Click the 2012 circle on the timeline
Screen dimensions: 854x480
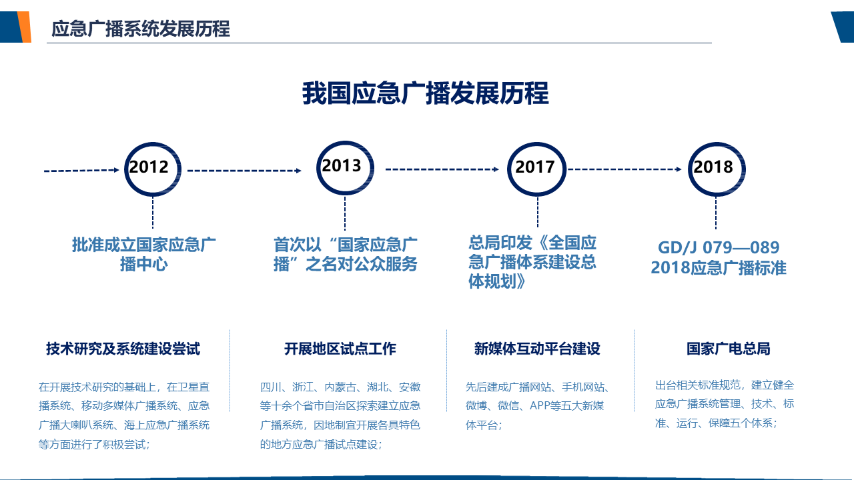pos(153,143)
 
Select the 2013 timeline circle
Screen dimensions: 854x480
pos(345,141)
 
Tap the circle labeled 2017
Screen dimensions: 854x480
pos(537,143)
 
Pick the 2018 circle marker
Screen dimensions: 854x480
pos(717,143)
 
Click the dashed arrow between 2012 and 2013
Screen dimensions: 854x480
pos(244,171)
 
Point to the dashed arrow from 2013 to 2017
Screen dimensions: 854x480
pos(442,169)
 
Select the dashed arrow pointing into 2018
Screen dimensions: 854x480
pos(625,169)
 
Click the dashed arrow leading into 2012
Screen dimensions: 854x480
pos(81,170)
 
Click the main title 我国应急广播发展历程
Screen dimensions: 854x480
pos(426,93)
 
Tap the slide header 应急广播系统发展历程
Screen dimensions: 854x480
pos(141,29)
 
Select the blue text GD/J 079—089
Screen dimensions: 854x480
pos(719,247)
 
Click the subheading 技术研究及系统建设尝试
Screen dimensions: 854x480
pos(123,349)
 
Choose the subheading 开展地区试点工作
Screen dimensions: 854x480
pos(340,349)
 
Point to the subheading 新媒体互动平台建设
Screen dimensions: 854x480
pos(537,349)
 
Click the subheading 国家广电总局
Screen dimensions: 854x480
pos(729,349)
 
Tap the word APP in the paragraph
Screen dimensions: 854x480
pos(541,406)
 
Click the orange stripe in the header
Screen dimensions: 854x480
pos(25,27)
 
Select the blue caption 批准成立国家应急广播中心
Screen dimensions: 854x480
pos(143,254)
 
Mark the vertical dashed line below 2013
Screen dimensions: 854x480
pos(345,213)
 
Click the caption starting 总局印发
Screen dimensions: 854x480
pos(532,262)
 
